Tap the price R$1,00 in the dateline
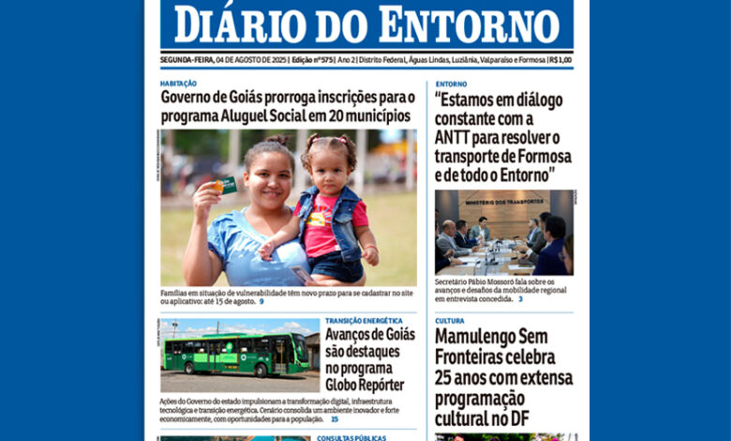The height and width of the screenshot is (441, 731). [560, 59]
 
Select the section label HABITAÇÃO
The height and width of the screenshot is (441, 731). [178, 84]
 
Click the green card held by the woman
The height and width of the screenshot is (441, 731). [224, 185]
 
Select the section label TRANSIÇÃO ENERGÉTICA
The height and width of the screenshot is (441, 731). [364, 321]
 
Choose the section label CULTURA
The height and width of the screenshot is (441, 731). [449, 321]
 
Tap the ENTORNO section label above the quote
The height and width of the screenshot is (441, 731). [451, 84]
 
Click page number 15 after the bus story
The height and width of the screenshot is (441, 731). [335, 418]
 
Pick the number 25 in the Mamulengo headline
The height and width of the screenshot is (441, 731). [448, 379]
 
